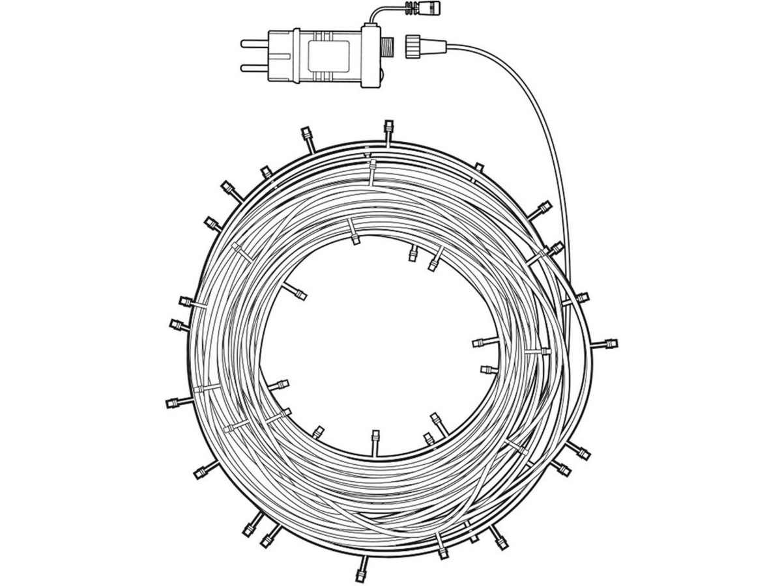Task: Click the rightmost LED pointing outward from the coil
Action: click(611, 343)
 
